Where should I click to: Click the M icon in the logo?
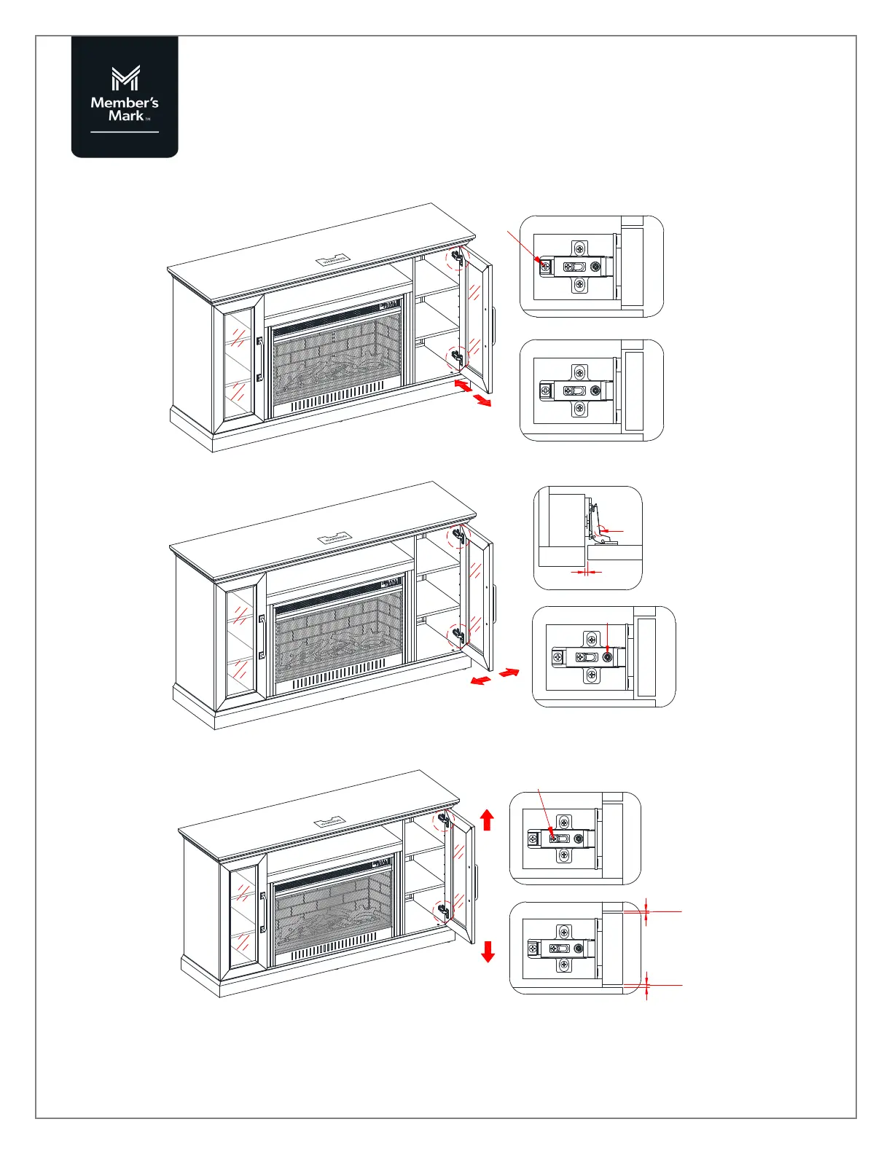[x=125, y=79]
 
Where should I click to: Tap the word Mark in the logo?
[x=125, y=116]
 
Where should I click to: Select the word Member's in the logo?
[x=125, y=103]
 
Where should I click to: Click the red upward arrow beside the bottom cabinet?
[x=488, y=820]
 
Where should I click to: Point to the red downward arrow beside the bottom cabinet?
[x=488, y=951]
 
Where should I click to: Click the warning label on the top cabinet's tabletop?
[x=332, y=260]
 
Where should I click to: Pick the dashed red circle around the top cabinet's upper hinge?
[x=458, y=258]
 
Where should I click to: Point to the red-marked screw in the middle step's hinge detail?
[x=607, y=657]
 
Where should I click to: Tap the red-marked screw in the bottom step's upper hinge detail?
[x=554, y=839]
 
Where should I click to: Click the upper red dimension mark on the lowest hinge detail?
[x=646, y=911]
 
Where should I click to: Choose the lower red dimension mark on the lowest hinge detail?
[x=646, y=985]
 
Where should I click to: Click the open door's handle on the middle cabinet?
[x=494, y=603]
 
